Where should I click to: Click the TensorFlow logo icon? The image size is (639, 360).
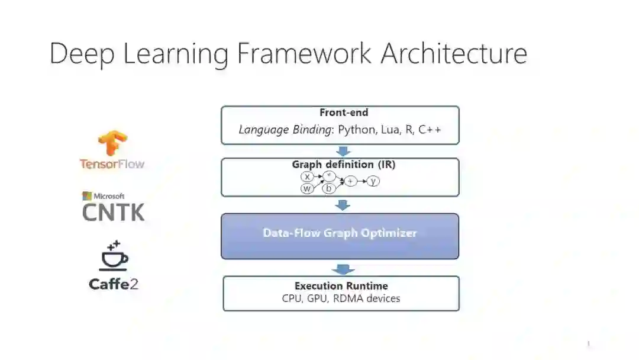(112, 143)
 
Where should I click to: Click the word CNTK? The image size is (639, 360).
(113, 211)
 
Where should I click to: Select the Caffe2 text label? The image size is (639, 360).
(114, 284)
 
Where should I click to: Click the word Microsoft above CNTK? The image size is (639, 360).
(108, 196)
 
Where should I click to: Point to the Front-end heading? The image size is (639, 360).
(344, 112)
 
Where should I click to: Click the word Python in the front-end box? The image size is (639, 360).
(354, 130)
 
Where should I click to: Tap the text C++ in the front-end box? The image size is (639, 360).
(430, 130)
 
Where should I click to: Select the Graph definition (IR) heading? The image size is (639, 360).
(344, 165)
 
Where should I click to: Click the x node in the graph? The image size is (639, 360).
(307, 176)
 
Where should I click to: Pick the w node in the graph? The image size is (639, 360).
(307, 189)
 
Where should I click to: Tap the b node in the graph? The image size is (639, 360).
(329, 189)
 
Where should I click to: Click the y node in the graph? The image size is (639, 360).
(373, 181)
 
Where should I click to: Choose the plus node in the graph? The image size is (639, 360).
(351, 181)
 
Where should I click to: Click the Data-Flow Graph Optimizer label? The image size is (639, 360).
(340, 233)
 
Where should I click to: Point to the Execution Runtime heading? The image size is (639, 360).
(341, 286)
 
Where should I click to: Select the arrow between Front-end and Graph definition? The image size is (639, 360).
(343, 151)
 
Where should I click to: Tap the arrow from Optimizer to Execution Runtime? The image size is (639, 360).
(343, 269)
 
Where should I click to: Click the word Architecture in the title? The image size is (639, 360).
(454, 53)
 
